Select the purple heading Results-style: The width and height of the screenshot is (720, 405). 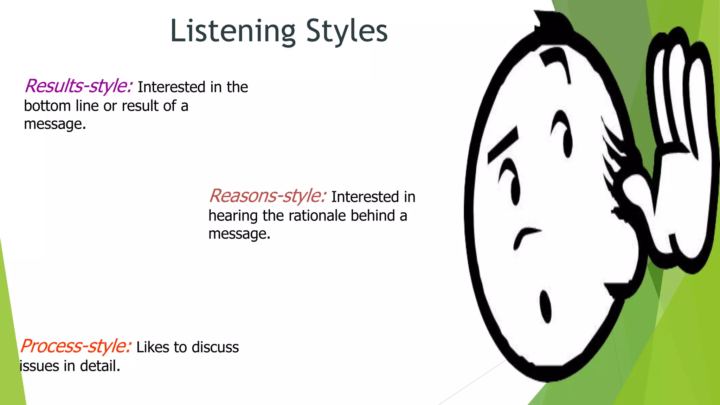click(x=78, y=86)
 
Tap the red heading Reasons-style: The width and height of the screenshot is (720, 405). click(x=267, y=196)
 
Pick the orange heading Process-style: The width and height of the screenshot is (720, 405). click(x=76, y=346)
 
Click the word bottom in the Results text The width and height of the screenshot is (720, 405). click(x=47, y=106)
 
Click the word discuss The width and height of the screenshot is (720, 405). click(x=215, y=347)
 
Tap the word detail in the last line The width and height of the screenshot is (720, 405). click(x=100, y=366)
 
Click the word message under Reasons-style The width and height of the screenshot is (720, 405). click(x=239, y=234)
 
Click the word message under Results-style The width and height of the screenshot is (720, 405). click(x=54, y=124)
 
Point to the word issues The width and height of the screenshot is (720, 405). click(x=39, y=366)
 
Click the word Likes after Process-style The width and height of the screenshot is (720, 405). click(x=153, y=347)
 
